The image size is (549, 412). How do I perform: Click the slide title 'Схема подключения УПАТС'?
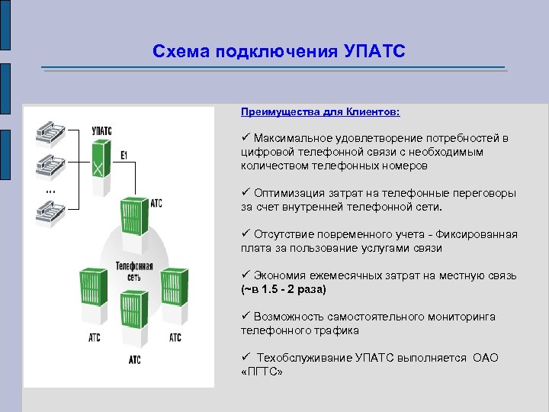pyautogui.click(x=279, y=51)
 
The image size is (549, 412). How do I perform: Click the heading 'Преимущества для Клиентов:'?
pyautogui.click(x=319, y=111)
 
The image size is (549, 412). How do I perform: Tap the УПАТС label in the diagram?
pyautogui.click(x=101, y=131)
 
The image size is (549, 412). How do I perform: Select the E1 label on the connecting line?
pyautogui.click(x=124, y=155)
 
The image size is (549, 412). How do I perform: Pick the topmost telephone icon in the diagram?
pyautogui.click(x=52, y=133)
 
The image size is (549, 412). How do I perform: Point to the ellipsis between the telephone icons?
pyautogui.click(x=49, y=188)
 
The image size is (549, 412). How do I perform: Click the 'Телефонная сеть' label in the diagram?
pyautogui.click(x=133, y=272)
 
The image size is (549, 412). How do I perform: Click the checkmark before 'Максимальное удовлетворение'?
pyautogui.click(x=246, y=138)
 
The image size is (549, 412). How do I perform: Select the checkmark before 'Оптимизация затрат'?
pyautogui.click(x=246, y=193)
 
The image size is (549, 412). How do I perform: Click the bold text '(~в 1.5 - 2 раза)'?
pyautogui.click(x=283, y=289)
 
